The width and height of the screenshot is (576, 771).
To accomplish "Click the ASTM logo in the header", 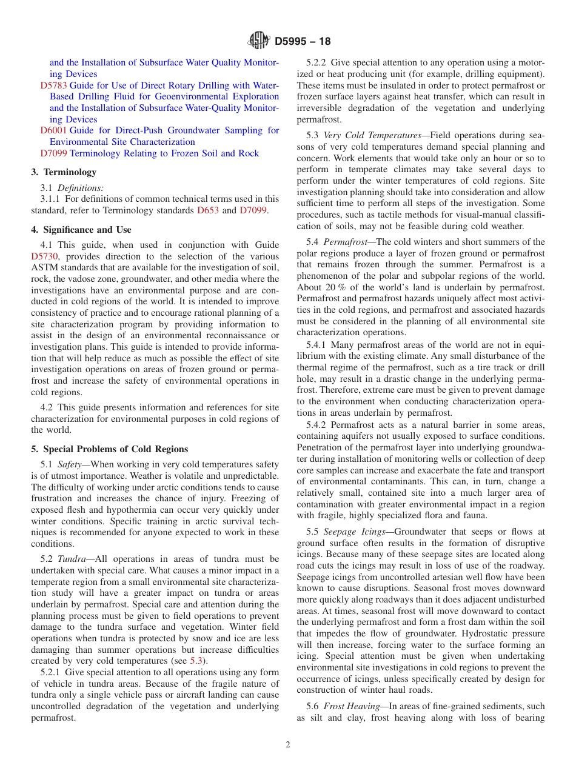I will [259, 41].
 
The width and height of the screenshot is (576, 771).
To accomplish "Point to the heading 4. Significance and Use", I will [81, 230].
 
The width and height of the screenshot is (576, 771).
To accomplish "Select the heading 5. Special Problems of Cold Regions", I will [109, 449].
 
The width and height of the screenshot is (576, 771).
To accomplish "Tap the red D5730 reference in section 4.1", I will [44, 256].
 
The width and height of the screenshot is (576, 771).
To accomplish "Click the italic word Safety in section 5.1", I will [69, 464].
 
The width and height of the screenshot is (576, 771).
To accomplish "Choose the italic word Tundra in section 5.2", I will [71, 559].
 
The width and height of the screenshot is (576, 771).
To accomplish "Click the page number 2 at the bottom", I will [288, 745].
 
